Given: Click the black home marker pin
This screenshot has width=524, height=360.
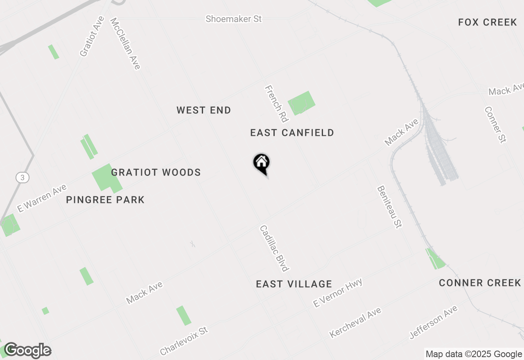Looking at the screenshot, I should [x=261, y=163].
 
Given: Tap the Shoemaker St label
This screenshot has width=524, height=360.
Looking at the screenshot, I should [x=233, y=19].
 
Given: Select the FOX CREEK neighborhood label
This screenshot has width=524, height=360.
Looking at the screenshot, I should [x=488, y=22].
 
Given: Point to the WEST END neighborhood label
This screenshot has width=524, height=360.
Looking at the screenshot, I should [x=204, y=110].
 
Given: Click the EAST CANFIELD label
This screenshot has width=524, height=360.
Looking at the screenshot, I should [x=292, y=133].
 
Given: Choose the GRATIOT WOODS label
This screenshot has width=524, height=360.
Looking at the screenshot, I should [x=156, y=172].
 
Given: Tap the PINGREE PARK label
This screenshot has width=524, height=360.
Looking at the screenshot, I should [x=105, y=200].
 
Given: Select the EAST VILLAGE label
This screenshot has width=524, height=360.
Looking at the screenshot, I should [x=294, y=284].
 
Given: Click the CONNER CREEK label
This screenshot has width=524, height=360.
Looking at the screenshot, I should [x=480, y=283].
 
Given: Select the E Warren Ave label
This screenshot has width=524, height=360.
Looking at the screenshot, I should [x=41, y=198].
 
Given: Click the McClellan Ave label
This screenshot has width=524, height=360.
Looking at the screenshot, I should [x=125, y=43].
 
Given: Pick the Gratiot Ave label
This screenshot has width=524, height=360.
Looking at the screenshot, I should [x=92, y=36].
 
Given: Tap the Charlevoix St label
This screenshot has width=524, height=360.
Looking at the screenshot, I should [x=184, y=341].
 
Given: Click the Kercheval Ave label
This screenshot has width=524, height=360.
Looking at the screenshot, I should [x=355, y=323].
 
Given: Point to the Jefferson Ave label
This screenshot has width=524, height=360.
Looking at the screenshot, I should [x=434, y=322].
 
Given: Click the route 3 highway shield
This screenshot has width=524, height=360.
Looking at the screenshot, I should [x=23, y=178].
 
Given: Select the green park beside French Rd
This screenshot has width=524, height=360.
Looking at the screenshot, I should [x=302, y=103].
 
